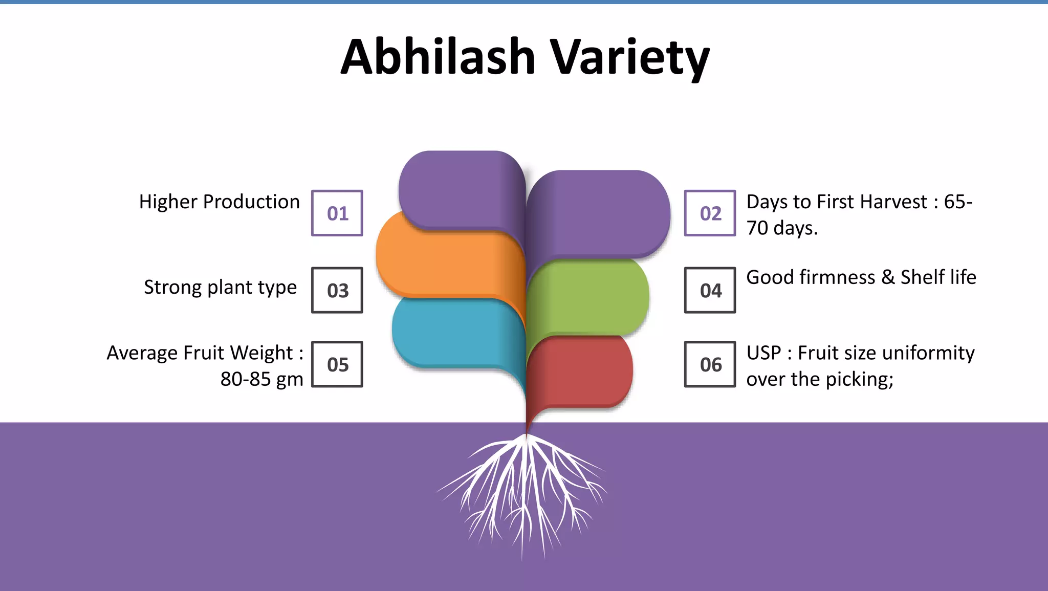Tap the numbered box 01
click(337, 213)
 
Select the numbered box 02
click(710, 213)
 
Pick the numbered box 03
click(337, 290)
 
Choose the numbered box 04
click(710, 290)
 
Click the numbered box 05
click(337, 364)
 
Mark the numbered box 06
click(710, 364)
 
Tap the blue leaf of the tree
click(450, 333)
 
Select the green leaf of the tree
click(588, 297)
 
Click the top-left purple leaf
click(455, 189)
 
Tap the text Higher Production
click(219, 202)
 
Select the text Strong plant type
click(220, 287)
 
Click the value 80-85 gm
click(261, 379)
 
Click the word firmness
click(837, 277)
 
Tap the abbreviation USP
click(763, 353)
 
